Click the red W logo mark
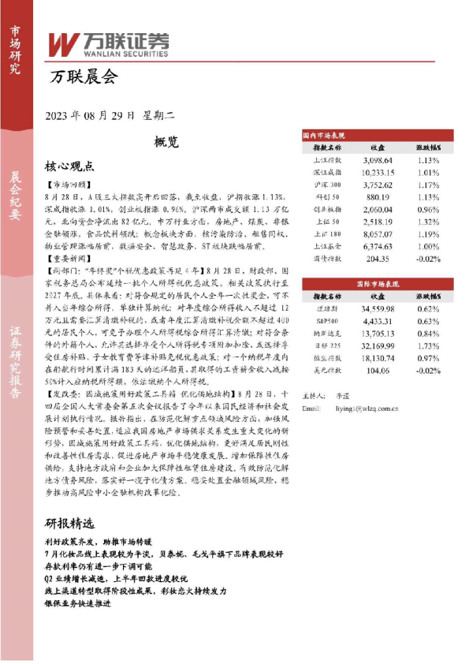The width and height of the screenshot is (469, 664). coord(63,43)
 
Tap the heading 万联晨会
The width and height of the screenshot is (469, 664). coord(83,77)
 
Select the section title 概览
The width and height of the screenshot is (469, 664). coord(166,142)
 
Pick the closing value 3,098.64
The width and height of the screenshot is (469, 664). coord(377,160)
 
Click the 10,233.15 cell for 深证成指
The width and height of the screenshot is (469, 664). coord(377,172)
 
